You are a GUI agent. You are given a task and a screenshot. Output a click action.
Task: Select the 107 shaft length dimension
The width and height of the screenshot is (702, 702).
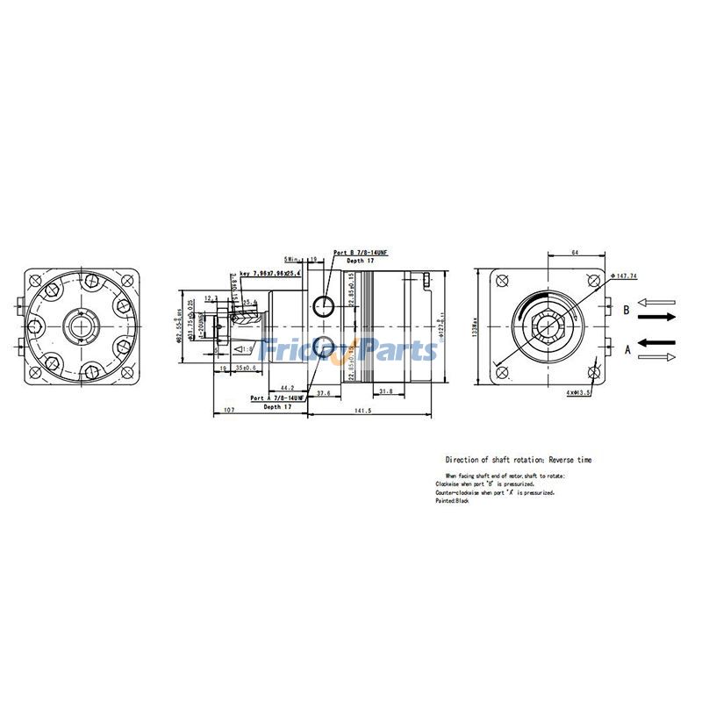tap(228, 409)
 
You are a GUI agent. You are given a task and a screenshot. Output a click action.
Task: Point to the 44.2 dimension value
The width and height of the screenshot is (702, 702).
tap(286, 387)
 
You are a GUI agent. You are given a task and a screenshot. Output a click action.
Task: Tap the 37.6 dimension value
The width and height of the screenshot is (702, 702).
tap(323, 393)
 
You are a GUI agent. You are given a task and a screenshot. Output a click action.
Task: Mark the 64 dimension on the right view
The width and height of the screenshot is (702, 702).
tap(576, 253)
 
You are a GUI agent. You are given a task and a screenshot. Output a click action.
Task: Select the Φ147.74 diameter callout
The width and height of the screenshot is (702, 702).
tap(626, 276)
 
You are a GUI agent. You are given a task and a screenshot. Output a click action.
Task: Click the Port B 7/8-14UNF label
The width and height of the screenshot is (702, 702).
tap(361, 253)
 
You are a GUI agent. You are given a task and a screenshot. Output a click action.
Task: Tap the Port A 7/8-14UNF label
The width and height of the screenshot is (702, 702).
tap(277, 398)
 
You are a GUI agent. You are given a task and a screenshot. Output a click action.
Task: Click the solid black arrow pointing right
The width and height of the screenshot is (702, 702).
tap(658, 316)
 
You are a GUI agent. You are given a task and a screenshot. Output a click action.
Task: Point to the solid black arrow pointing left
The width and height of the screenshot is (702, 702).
tap(657, 342)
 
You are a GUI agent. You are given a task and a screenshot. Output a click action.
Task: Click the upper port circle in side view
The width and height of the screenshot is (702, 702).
tap(325, 304)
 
